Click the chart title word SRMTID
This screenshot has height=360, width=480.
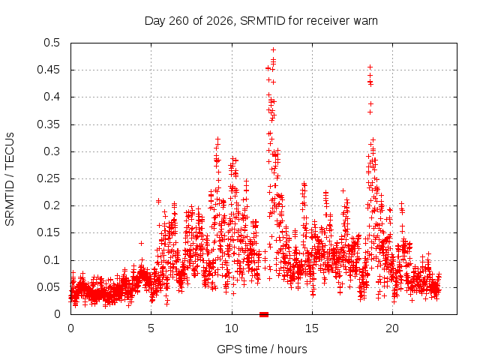pos(262,21)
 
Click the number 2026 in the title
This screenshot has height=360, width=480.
pos(220,21)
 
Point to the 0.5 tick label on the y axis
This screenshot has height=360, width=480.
pos(52,43)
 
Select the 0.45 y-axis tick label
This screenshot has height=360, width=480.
pos(48,70)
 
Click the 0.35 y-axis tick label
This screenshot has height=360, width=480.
pos(48,124)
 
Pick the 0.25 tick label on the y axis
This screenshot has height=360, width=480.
pos(48,178)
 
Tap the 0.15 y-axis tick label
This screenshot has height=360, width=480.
pos(48,232)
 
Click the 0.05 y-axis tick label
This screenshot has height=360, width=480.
pos(48,287)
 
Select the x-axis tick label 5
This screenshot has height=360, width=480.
pos(151,328)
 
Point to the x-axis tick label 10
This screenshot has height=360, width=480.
pos(232,328)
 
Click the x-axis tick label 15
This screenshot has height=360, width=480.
pos(312,328)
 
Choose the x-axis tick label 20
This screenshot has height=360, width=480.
pos(392,328)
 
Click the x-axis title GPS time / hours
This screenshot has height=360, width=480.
pos(262,349)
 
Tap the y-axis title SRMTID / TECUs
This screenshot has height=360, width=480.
pos(10,179)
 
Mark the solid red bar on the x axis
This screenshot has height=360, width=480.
pos(264,314)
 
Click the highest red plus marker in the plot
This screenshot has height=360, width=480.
pos(273,49)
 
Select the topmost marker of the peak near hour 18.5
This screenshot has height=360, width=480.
pos(370,67)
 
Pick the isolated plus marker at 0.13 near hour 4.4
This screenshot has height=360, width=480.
pos(141,243)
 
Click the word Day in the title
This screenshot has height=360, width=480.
pos(155,21)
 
